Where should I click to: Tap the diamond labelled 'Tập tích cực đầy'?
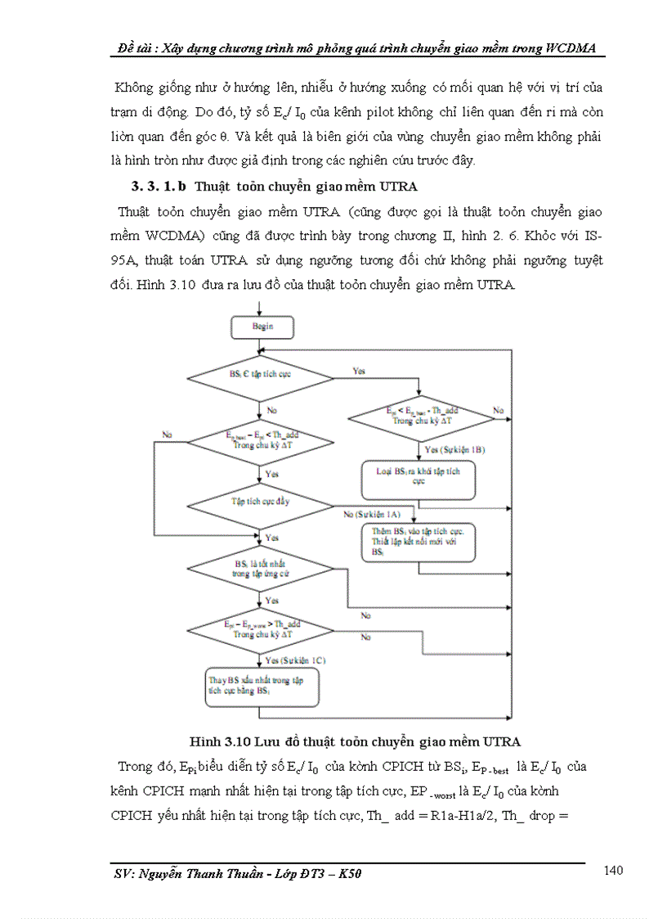pyautogui.click(x=261, y=501)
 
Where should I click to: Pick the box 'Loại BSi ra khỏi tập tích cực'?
pyautogui.click(x=418, y=478)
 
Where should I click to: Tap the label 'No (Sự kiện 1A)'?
pyautogui.click(x=372, y=514)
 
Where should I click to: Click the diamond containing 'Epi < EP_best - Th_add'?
pyautogui.click(x=422, y=417)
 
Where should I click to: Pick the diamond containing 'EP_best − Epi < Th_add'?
pyautogui.click(x=261, y=440)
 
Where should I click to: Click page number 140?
pyautogui.click(x=614, y=870)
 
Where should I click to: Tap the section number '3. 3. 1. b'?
pyautogui.click(x=154, y=187)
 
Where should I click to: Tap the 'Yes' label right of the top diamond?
pyautogui.click(x=359, y=371)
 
